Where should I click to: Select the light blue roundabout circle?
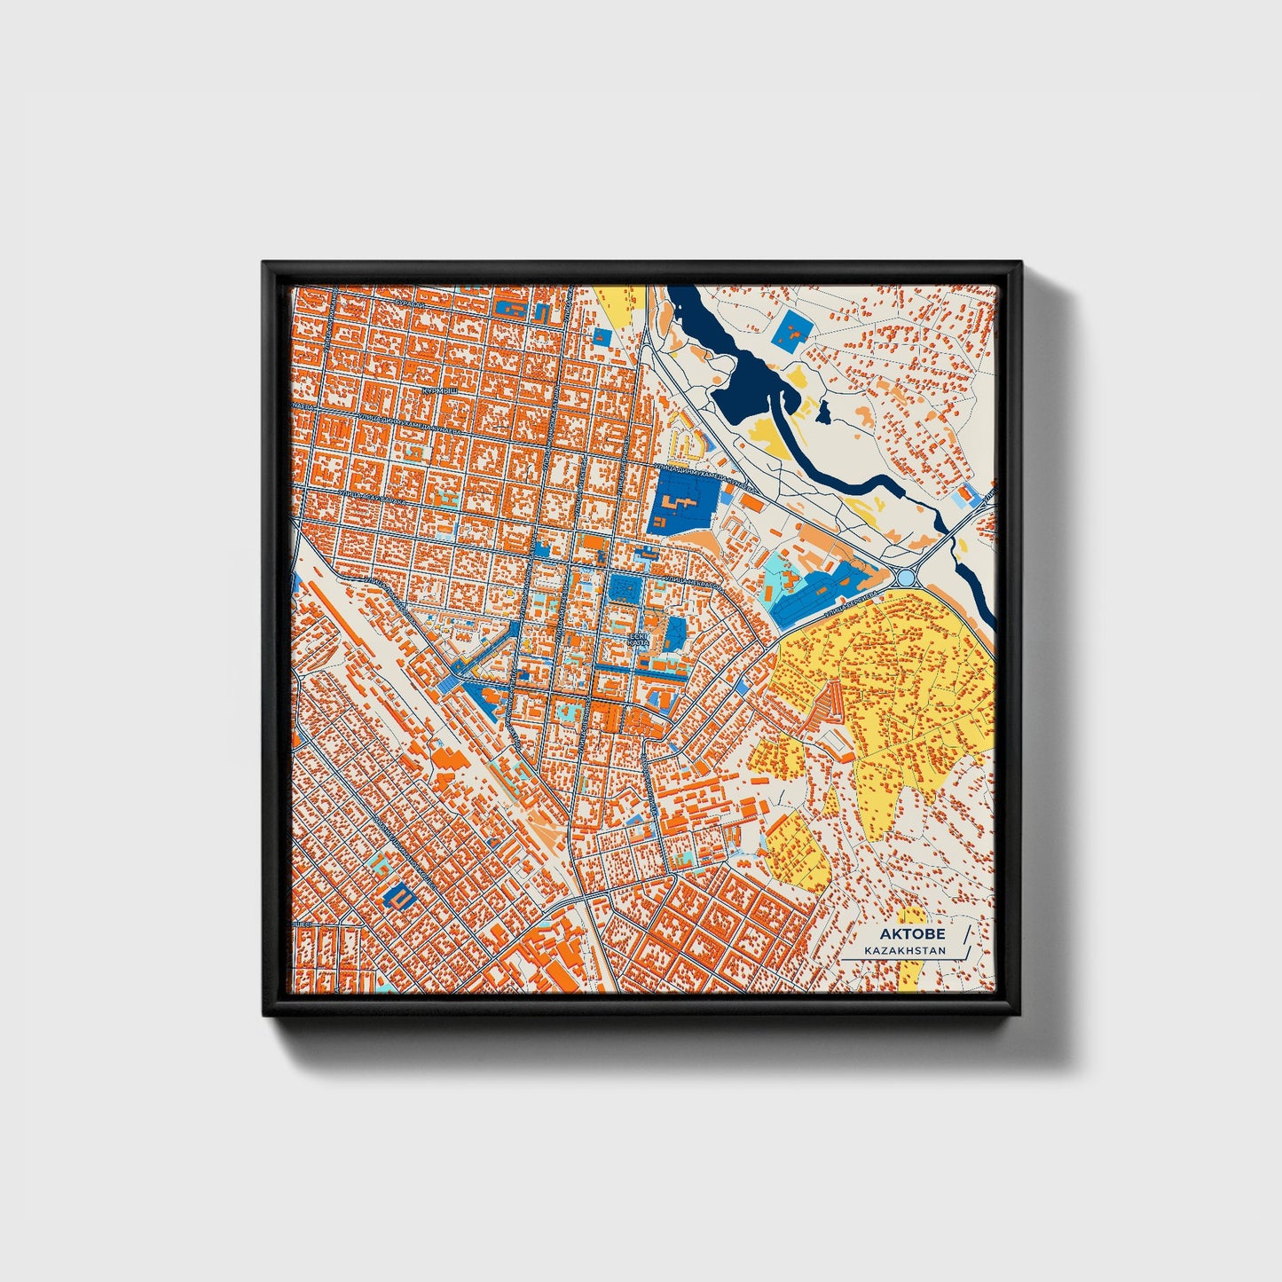905,578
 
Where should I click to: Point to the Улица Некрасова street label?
697,583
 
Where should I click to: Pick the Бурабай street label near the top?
410,302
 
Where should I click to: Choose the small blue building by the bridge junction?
967,493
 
